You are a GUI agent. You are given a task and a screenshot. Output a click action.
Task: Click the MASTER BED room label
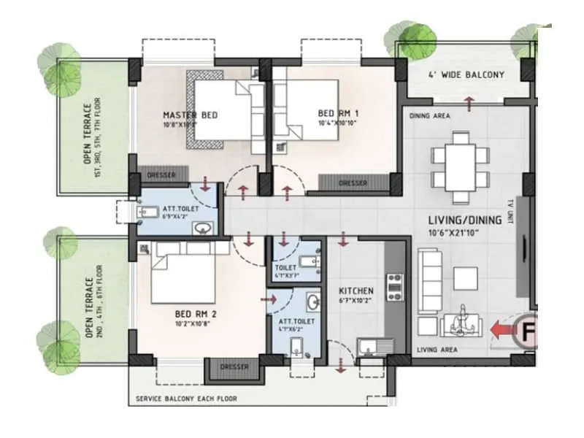tap(190, 115)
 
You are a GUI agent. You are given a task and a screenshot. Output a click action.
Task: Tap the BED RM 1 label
tap(337, 113)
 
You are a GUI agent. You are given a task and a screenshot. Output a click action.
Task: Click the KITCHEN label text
tap(356, 291)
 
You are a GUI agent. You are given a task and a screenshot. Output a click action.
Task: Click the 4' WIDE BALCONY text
tap(465, 74)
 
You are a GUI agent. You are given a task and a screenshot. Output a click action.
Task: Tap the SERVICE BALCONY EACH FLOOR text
tap(187, 399)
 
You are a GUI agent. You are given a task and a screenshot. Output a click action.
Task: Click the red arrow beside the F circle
tap(502, 331)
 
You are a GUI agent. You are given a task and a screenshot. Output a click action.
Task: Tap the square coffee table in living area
tap(464, 277)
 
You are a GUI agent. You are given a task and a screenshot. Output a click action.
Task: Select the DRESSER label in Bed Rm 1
tap(353, 184)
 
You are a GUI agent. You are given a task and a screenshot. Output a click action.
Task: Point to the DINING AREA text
tap(430, 116)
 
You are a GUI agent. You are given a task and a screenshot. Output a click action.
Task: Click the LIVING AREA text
tap(437, 350)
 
